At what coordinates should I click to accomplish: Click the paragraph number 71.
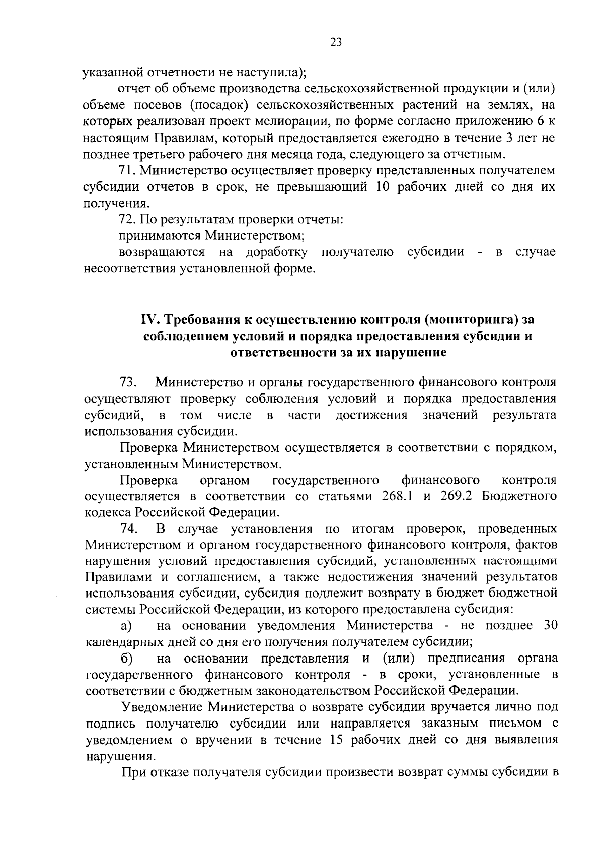(127, 170)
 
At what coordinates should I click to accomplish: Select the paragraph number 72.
(127, 219)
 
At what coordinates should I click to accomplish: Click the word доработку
(276, 252)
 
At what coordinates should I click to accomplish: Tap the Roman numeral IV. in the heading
(150, 320)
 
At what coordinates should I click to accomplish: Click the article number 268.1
(401, 496)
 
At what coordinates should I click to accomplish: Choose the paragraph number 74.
(128, 529)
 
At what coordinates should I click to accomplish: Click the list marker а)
(126, 626)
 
